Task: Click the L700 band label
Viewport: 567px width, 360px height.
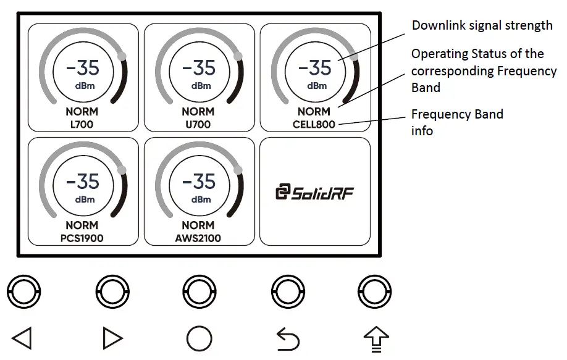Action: [x=82, y=124]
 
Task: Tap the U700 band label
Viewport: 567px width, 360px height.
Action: [x=198, y=124]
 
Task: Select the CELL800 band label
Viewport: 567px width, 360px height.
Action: [x=314, y=124]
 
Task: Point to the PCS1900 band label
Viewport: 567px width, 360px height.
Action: [x=82, y=237]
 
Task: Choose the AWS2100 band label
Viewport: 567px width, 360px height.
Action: [x=198, y=237]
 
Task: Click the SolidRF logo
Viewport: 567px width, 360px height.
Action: [x=314, y=193]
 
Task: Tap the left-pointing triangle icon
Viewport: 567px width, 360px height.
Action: [x=22, y=338]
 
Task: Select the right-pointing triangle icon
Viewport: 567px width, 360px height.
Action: [x=112, y=338]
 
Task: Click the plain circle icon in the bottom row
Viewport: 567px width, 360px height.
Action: [x=199, y=338]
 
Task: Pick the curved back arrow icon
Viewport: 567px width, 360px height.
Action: [x=287, y=339]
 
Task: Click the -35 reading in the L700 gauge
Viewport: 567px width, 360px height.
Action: [x=82, y=67]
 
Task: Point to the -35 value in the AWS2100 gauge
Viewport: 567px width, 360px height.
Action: [x=198, y=181]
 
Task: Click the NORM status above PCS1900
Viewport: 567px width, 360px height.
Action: [x=82, y=225]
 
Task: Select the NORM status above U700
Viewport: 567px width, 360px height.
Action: [x=198, y=112]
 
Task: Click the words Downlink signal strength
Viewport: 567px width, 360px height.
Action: [x=482, y=25]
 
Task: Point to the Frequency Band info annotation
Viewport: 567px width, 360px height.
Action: [x=457, y=122]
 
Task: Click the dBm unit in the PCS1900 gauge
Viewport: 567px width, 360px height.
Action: [x=85, y=199]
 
